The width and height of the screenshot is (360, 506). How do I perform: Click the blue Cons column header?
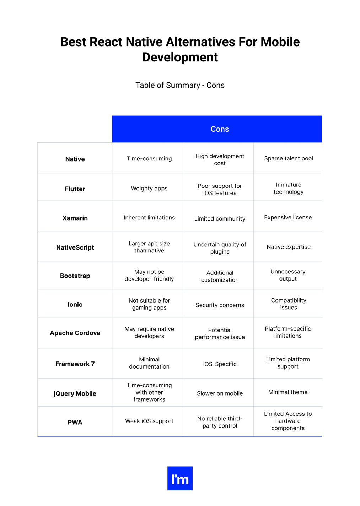pyautogui.click(x=219, y=129)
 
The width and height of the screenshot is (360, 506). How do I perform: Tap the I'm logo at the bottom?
pyautogui.click(x=180, y=478)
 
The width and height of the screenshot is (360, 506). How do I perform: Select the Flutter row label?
pyautogui.click(x=75, y=189)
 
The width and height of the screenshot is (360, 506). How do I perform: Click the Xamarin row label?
pyautogui.click(x=75, y=218)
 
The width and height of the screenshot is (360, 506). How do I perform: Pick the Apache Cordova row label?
pyautogui.click(x=75, y=333)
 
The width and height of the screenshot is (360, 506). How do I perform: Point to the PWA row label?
pyautogui.click(x=75, y=422)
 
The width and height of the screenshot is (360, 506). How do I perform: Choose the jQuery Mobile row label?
pyautogui.click(x=75, y=393)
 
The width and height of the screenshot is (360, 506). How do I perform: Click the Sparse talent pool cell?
pyautogui.click(x=289, y=158)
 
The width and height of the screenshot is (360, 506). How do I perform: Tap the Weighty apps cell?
pyautogui.click(x=149, y=189)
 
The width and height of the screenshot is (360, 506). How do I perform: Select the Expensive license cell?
pyautogui.click(x=288, y=217)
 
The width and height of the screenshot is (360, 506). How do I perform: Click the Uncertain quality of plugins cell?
pyautogui.click(x=220, y=248)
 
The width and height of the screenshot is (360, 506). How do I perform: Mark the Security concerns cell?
pyautogui.click(x=220, y=305)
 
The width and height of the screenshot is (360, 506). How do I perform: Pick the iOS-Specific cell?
pyautogui.click(x=220, y=364)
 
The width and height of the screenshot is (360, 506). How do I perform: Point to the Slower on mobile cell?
pyautogui.click(x=220, y=393)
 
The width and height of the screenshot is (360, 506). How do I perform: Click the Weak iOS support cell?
pyautogui.click(x=149, y=421)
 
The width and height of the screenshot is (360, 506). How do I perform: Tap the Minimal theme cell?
pyautogui.click(x=288, y=392)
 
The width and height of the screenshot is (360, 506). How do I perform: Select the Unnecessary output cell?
pyautogui.click(x=288, y=275)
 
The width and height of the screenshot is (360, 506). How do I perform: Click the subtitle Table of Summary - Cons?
pyautogui.click(x=180, y=85)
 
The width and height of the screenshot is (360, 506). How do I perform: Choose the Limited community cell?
pyautogui.click(x=220, y=219)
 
